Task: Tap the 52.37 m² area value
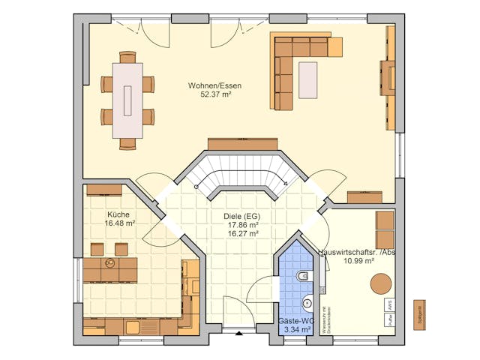[x=215, y=95]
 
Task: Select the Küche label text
[x=119, y=214]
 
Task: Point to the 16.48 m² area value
[x=120, y=223]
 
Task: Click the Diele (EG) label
[x=241, y=216]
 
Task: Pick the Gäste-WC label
[x=296, y=320]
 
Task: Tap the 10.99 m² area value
[x=358, y=261]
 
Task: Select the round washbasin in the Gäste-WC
[x=307, y=303]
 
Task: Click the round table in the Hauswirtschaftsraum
[x=381, y=283]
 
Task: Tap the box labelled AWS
[x=390, y=305]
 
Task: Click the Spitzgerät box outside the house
[x=420, y=311]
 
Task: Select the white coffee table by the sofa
[x=307, y=80]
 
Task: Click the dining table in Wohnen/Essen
[x=127, y=100]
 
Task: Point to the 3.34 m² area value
[x=296, y=329]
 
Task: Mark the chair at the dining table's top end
[x=127, y=57]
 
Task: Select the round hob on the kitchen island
[x=110, y=264]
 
